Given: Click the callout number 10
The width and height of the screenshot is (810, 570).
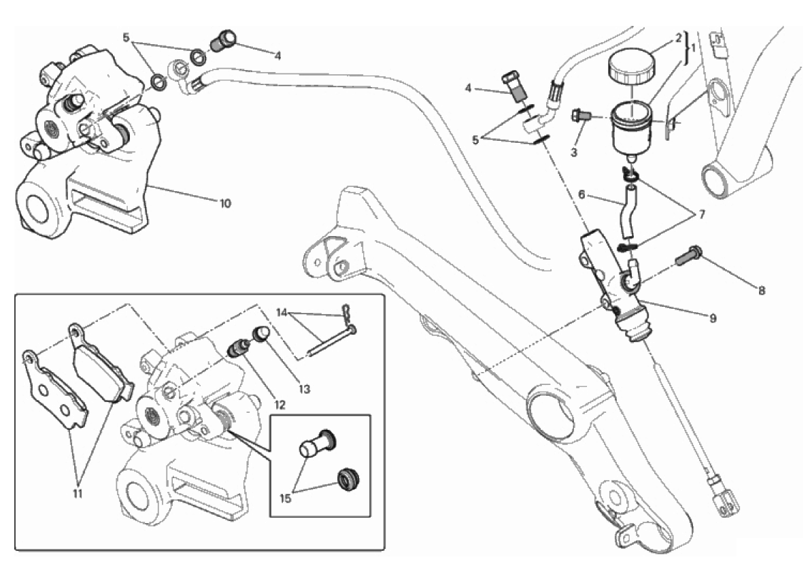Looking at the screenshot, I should [x=225, y=203].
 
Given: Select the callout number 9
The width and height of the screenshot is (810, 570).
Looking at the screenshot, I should [x=712, y=318].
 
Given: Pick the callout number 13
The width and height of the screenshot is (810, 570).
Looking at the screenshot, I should [x=303, y=390].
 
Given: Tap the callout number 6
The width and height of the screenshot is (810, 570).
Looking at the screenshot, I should [x=581, y=195].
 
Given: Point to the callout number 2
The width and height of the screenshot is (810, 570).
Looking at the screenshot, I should [x=677, y=39].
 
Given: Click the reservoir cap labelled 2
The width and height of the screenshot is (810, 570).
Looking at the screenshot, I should [x=632, y=66].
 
